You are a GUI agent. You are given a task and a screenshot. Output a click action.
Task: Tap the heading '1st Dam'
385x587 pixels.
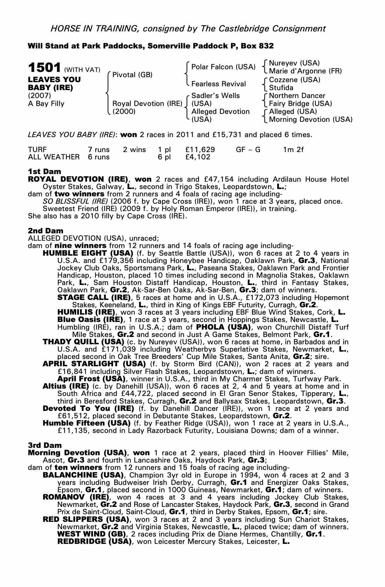(45, 171)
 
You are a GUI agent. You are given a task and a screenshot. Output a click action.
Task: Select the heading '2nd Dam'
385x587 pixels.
(45, 231)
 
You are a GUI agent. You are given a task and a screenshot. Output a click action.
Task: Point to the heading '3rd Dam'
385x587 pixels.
(45, 445)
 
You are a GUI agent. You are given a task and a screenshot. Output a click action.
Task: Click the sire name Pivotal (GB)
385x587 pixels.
(132, 75)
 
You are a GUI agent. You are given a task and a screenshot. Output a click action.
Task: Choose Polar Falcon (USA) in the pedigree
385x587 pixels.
(223, 67)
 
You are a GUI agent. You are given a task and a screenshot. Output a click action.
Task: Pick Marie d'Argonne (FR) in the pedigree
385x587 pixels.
(305, 71)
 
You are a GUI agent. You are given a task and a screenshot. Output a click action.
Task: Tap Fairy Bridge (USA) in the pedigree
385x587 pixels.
(300, 104)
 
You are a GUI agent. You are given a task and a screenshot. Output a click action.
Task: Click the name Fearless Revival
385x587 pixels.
(219, 84)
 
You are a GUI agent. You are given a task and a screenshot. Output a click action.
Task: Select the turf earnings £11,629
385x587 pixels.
(200, 150)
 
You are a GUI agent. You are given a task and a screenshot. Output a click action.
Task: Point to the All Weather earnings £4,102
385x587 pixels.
(198, 157)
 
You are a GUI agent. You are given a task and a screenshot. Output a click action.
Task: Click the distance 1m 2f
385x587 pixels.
(293, 150)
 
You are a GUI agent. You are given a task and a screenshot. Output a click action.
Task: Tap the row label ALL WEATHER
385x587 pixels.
(54, 157)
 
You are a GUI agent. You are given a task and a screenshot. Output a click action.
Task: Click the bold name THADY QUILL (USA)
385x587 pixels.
(84, 342)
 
